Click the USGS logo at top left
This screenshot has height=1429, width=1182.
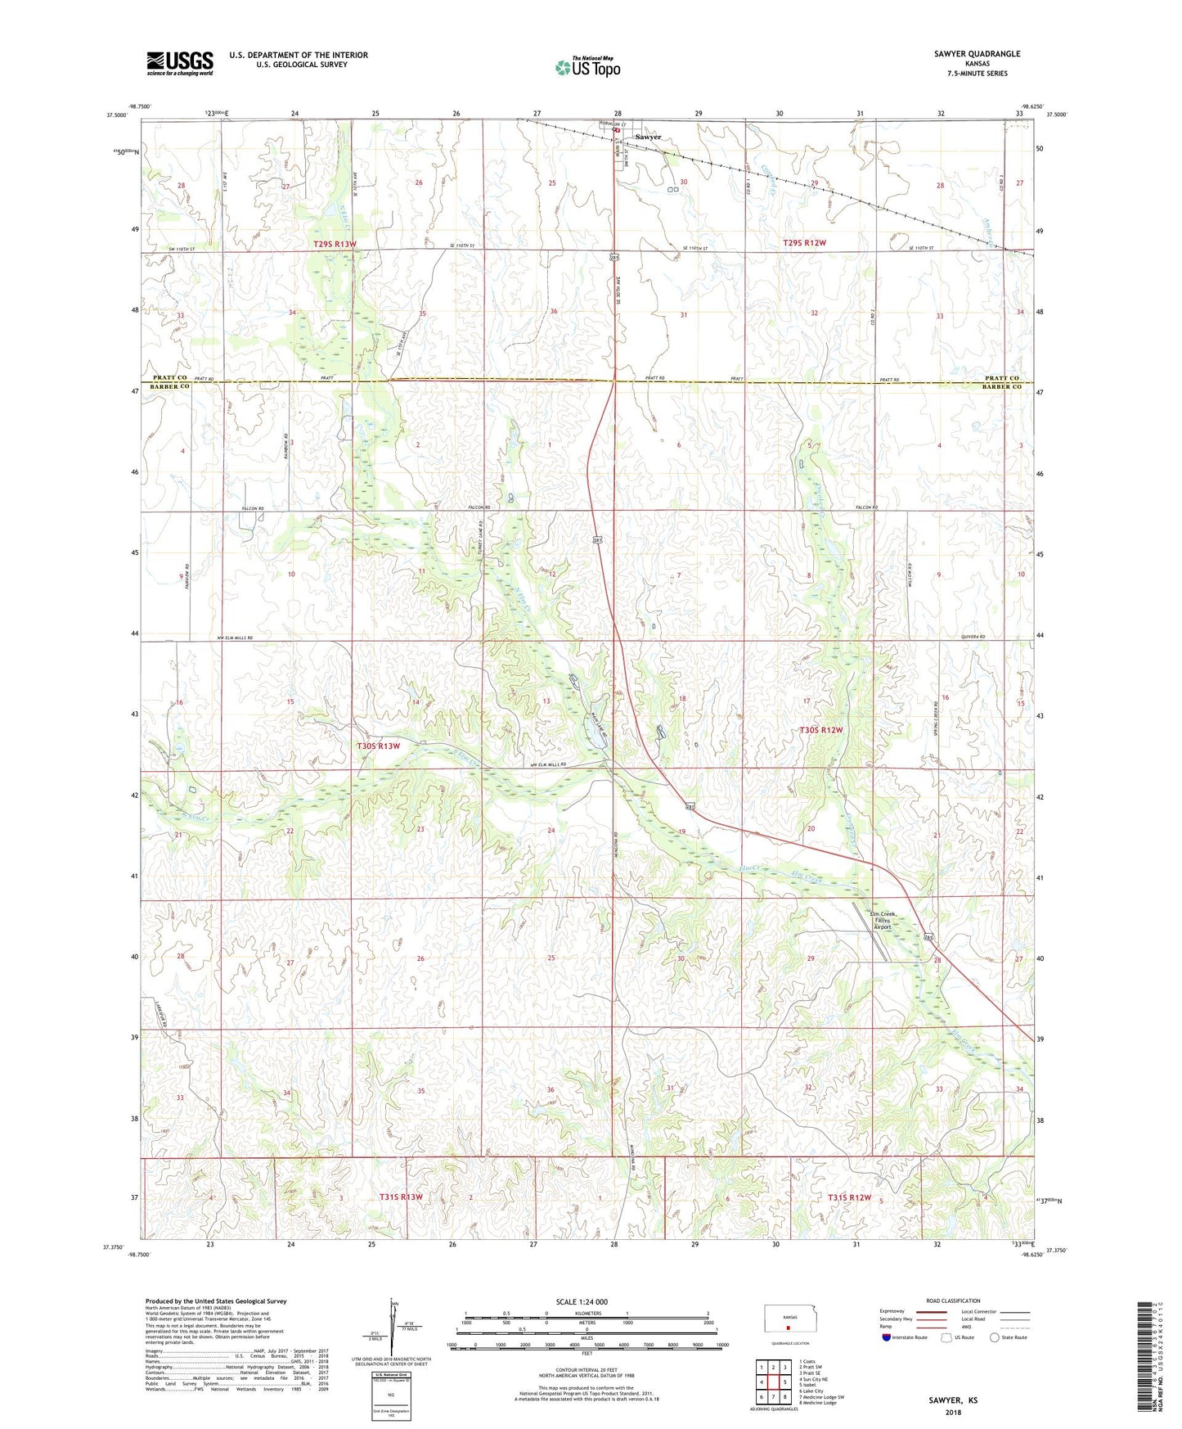tap(179, 63)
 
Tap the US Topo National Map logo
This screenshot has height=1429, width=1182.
tap(587, 67)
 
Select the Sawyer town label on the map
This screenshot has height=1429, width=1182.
tap(648, 137)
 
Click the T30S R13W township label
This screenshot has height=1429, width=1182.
tap(379, 746)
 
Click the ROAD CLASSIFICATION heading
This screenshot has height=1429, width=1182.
tap(953, 1301)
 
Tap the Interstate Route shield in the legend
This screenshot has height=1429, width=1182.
tap(888, 1337)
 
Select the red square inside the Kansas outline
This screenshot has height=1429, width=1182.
tap(789, 1329)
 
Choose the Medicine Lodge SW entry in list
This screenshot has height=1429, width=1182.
tap(821, 1396)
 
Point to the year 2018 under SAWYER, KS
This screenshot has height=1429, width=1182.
tap(953, 1412)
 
